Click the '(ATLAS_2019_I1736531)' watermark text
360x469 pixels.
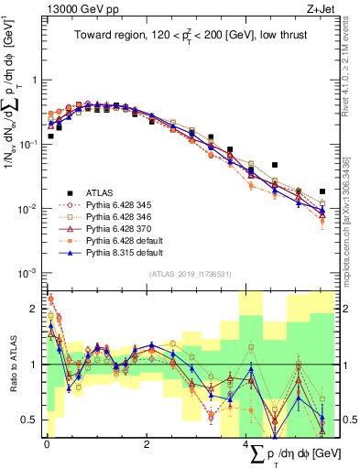click(189, 275)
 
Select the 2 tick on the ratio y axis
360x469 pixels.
click(37, 309)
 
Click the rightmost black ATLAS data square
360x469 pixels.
click(322, 191)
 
